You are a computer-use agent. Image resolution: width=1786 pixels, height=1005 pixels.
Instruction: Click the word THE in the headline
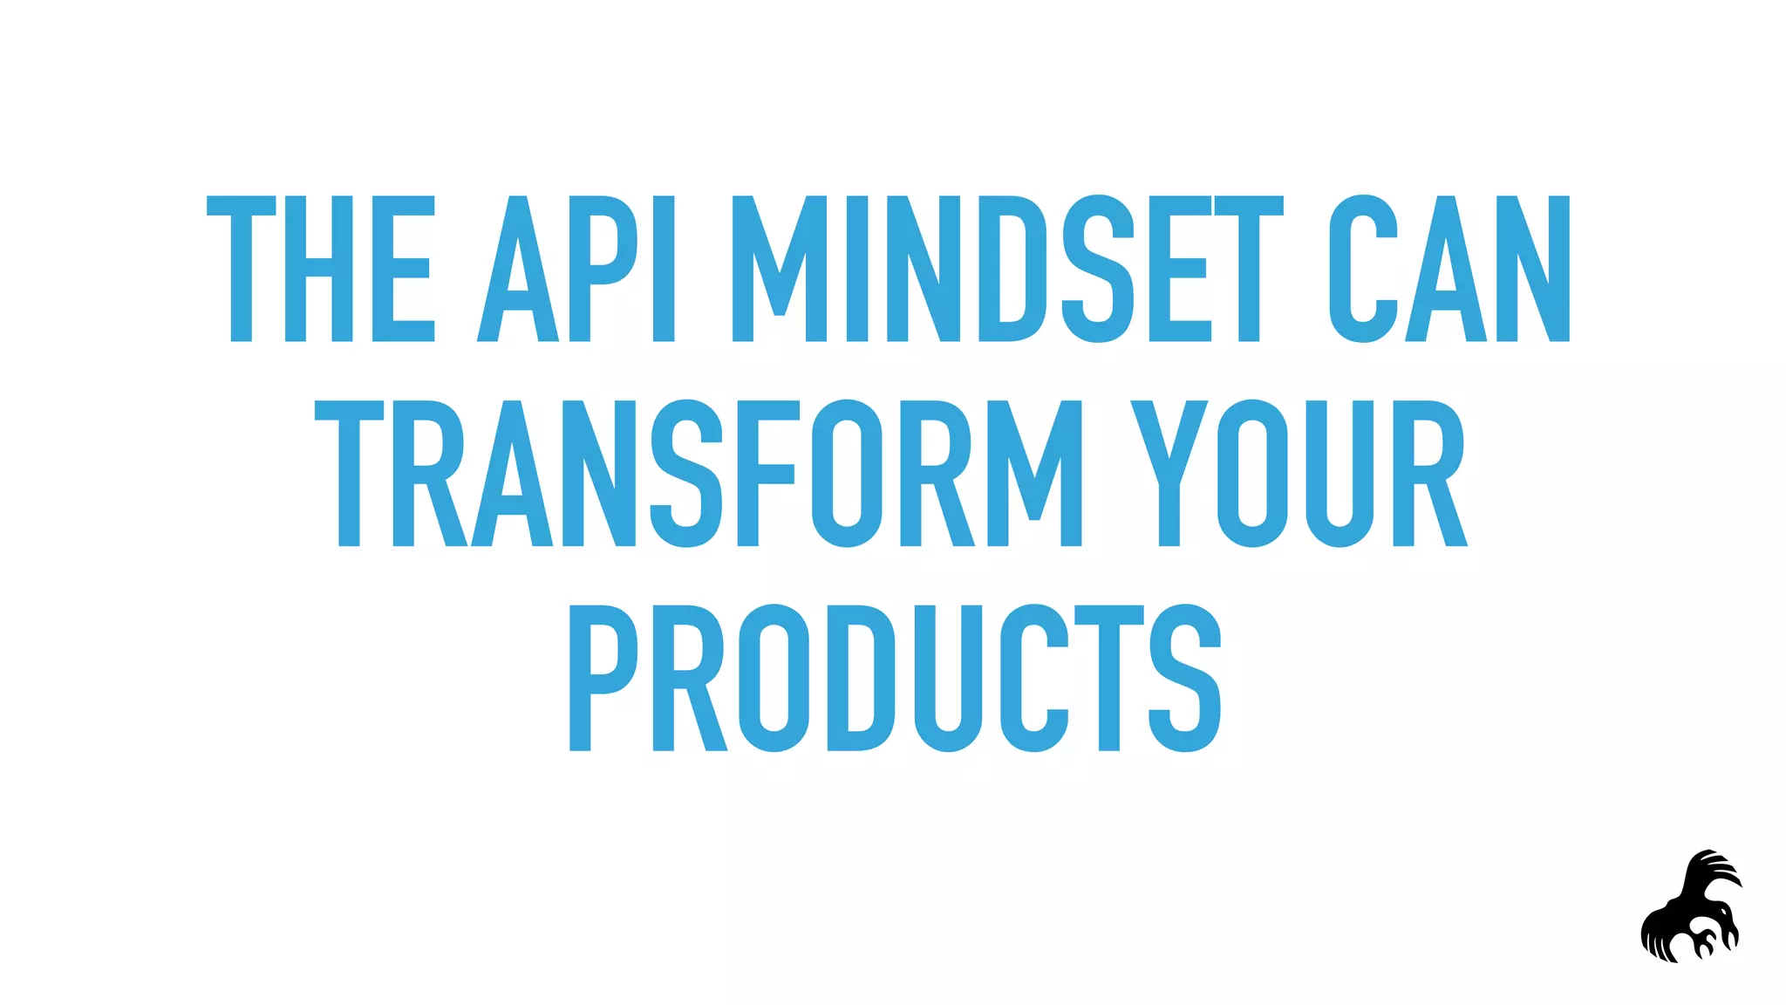click(320, 269)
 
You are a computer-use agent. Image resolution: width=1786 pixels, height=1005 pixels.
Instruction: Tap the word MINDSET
click(1007, 269)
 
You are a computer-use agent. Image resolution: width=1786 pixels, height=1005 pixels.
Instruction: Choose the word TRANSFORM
click(698, 474)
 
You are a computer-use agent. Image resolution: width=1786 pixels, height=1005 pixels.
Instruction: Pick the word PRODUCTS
click(895, 678)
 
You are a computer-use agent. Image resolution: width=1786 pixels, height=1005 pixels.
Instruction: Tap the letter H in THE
click(318, 269)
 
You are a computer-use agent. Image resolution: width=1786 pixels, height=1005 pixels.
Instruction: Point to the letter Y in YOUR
click(1169, 474)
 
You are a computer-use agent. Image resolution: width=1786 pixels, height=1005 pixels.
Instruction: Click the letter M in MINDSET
click(780, 269)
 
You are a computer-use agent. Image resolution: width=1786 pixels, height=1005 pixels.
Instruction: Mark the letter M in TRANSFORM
click(1034, 474)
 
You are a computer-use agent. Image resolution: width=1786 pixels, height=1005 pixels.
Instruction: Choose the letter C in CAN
click(1363, 269)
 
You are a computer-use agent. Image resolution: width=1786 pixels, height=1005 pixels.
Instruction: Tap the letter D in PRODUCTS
click(860, 678)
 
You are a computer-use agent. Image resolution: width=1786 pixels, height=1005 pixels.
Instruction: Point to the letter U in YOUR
click(1340, 474)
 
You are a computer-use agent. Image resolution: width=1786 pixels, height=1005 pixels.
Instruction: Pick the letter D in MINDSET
click(1012, 269)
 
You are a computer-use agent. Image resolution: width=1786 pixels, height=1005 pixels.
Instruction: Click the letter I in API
click(664, 269)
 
